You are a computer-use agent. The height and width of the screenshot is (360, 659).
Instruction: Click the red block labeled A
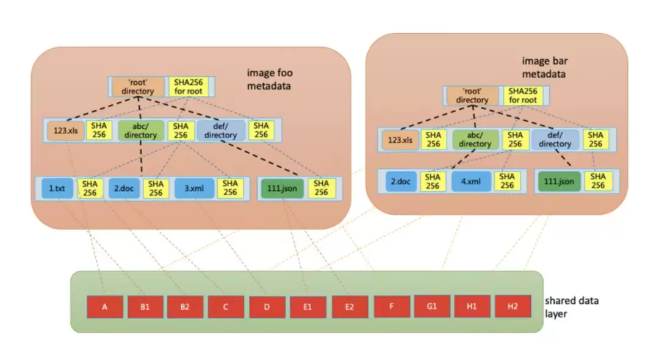click(105, 307)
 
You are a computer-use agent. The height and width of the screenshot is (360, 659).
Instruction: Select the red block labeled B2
click(185, 307)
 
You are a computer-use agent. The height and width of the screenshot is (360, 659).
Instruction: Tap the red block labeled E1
click(308, 307)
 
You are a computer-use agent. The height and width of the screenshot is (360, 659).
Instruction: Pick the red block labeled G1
click(431, 306)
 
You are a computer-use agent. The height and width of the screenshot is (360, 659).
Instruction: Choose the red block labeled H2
click(513, 306)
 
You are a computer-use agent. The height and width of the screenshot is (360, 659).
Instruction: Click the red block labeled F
click(392, 306)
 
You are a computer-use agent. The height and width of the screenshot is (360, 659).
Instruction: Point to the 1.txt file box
click(57, 188)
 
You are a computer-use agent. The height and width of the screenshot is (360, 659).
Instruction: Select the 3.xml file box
click(194, 188)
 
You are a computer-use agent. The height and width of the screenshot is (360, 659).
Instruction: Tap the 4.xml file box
click(471, 181)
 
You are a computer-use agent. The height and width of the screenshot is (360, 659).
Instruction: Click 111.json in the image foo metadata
click(282, 188)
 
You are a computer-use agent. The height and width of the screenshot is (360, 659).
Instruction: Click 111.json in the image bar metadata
click(559, 181)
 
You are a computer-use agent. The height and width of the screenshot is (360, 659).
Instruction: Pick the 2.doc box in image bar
click(401, 181)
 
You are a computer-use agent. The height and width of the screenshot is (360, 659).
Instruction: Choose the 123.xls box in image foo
click(65, 131)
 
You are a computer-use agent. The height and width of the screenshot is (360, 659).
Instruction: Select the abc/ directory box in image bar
click(475, 140)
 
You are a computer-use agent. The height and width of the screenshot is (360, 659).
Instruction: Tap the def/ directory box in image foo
click(221, 131)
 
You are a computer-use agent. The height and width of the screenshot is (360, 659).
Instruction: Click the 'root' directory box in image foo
click(138, 87)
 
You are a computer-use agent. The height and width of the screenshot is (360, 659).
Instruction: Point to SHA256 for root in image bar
click(523, 95)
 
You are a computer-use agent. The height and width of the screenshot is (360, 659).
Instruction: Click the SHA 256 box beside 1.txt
click(90, 188)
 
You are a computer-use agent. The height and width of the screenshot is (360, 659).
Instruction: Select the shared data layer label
click(572, 307)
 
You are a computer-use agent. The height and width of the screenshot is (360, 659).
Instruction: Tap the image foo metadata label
click(270, 79)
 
